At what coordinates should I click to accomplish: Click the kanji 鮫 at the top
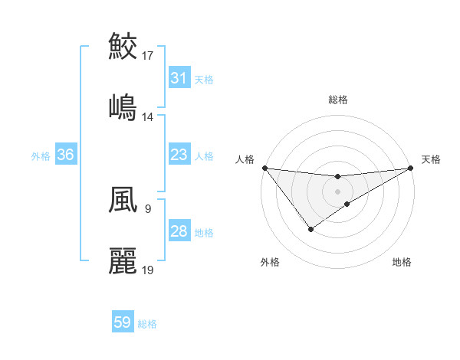123,46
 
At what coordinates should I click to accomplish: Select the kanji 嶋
123,106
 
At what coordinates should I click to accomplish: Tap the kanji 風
123,200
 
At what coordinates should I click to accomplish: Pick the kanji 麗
123,260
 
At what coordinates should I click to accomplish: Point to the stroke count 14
148,117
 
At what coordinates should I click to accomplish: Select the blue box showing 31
179,78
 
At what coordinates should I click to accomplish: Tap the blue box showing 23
179,155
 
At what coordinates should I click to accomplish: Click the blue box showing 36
65,155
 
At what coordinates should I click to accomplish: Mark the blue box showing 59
123,323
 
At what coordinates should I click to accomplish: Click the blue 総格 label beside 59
148,324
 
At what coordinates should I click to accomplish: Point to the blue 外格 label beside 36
41,156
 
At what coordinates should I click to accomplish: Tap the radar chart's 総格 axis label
338,100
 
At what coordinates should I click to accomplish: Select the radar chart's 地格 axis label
402,262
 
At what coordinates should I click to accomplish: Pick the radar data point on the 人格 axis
264,168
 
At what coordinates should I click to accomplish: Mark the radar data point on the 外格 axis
310,228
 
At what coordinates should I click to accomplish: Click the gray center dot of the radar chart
338,190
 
